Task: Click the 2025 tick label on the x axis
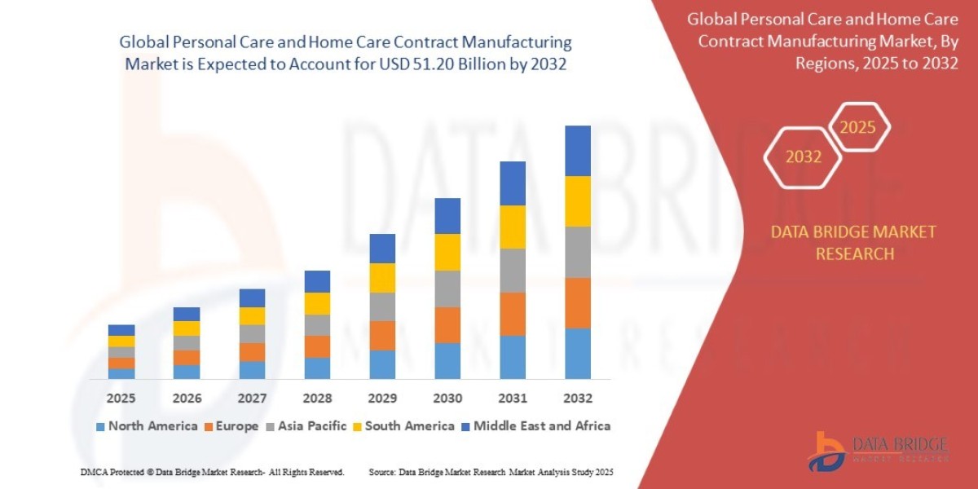tap(121, 399)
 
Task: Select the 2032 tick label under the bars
tap(577, 399)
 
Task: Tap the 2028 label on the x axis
tap(316, 399)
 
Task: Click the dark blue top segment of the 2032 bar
tap(577, 151)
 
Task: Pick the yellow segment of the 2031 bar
tap(512, 227)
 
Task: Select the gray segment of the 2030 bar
tap(447, 289)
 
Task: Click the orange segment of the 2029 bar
tap(381, 335)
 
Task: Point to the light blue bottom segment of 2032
tap(577, 353)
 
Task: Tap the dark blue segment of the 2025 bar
tap(121, 330)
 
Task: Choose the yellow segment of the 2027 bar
tap(251, 315)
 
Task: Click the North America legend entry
tap(147, 426)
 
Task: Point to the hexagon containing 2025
tap(857, 127)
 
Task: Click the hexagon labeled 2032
tap(803, 157)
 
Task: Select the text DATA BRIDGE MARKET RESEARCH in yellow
tap(853, 243)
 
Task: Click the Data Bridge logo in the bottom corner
tap(878, 450)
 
